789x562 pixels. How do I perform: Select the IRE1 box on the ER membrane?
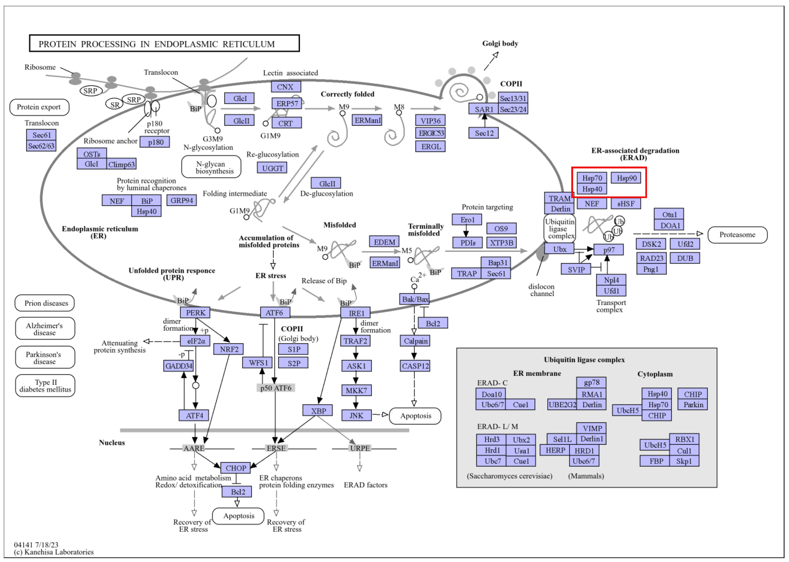355,313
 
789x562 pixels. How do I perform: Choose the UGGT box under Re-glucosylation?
272,168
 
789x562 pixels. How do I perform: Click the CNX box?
286,87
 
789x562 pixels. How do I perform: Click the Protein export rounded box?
39,107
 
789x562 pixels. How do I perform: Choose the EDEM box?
384,242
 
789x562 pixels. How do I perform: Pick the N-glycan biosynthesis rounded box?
211,167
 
